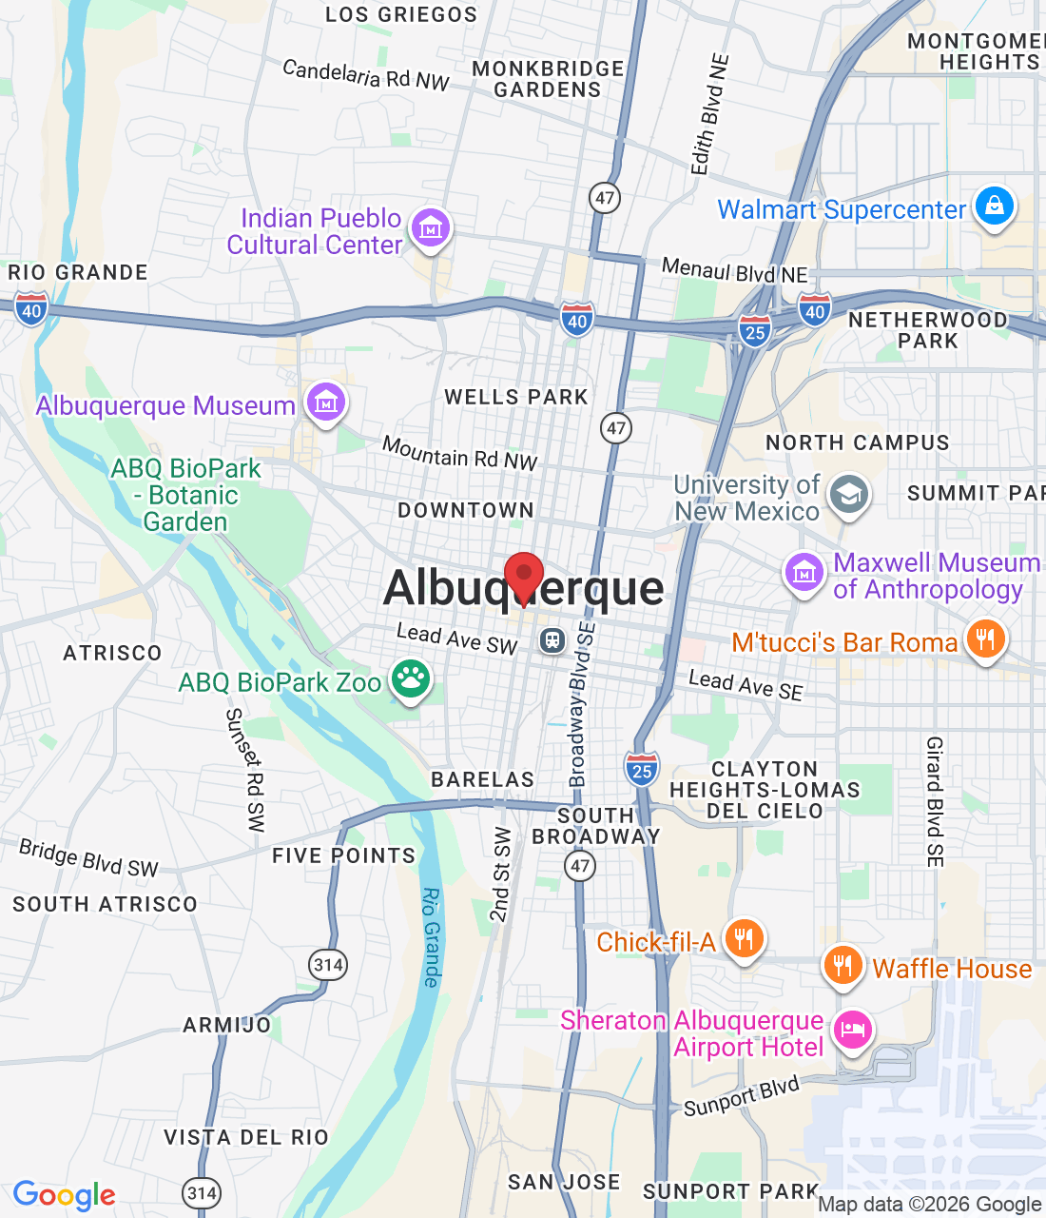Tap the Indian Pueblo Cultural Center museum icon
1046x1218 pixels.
point(431,228)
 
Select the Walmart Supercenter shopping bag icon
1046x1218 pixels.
point(995,206)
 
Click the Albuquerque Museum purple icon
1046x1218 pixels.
point(326,403)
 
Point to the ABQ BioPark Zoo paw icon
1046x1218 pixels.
point(411,679)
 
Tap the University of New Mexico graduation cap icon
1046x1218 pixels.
point(848,495)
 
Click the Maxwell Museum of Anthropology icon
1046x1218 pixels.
point(804,573)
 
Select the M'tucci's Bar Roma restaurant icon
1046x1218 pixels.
point(985,639)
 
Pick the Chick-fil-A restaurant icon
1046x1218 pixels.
point(744,939)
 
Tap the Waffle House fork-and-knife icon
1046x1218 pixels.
point(843,966)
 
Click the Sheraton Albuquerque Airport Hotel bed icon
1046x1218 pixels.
point(852,1030)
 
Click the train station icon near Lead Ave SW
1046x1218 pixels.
point(552,640)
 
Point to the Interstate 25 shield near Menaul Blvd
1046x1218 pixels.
point(755,331)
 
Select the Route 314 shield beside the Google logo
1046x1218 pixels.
point(202,1192)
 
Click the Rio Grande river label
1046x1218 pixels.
point(432,937)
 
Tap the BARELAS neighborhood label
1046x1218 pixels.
point(483,779)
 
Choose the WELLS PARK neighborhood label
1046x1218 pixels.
point(516,397)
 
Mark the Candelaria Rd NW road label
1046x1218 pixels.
point(366,74)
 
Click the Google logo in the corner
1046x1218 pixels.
point(64,1195)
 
